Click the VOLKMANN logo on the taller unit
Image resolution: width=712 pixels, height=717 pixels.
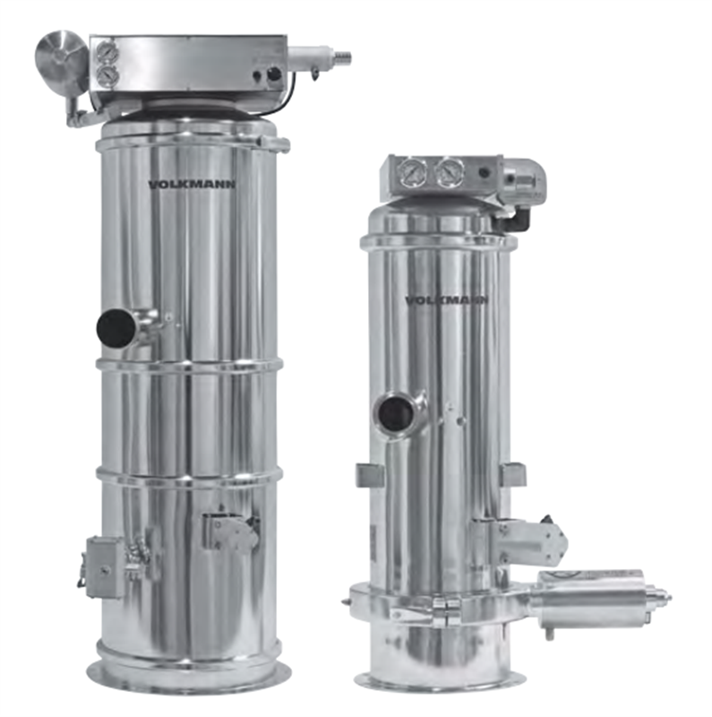[192, 185]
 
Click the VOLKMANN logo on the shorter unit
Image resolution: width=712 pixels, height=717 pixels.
[447, 300]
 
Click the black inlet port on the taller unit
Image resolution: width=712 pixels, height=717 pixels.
[116, 328]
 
